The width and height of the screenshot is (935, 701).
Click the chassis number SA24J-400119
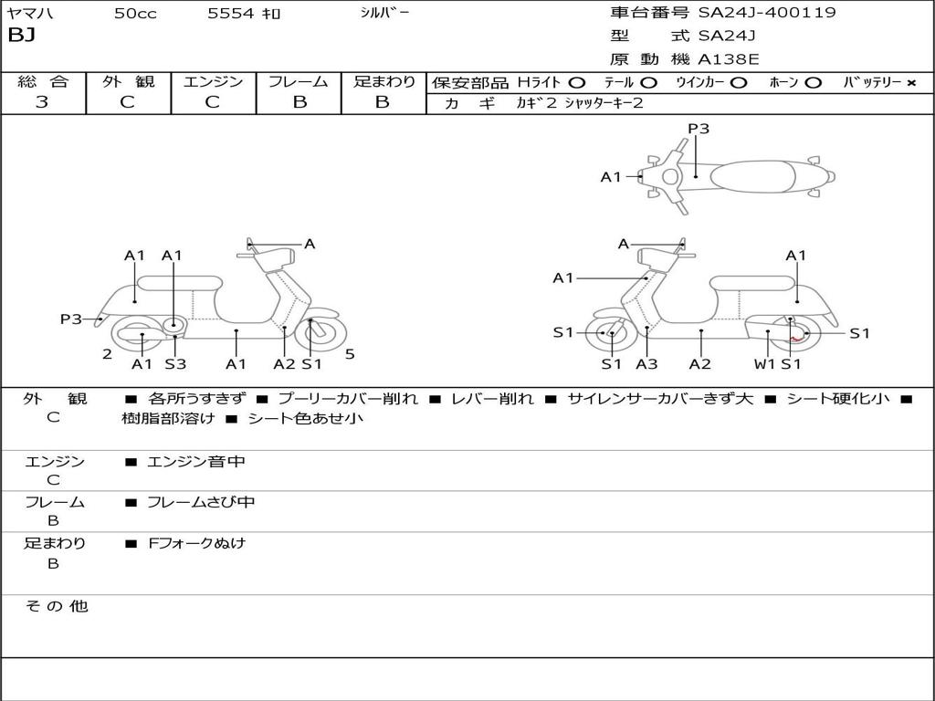[767, 12]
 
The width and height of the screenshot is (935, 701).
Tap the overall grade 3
[42, 101]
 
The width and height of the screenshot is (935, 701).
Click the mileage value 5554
[231, 13]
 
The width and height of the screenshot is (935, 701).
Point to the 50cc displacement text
[135, 13]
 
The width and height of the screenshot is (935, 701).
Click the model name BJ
[22, 36]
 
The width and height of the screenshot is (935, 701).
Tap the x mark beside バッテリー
[910, 83]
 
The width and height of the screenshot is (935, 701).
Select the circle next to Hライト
[577, 83]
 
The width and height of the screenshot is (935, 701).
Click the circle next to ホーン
[813, 83]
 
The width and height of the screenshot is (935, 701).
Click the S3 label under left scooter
[175, 363]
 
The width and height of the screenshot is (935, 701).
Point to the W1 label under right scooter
[765, 363]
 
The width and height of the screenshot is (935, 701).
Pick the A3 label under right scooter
[646, 363]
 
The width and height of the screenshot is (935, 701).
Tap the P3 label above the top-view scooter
[699, 129]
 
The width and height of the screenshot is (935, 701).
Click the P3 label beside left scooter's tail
[71, 319]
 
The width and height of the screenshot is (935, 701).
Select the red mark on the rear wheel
[795, 340]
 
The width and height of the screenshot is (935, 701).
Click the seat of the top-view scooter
[752, 176]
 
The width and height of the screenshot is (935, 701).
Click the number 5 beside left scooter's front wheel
[350, 354]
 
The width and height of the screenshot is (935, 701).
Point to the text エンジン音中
[196, 461]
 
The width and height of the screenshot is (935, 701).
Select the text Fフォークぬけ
[197, 543]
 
